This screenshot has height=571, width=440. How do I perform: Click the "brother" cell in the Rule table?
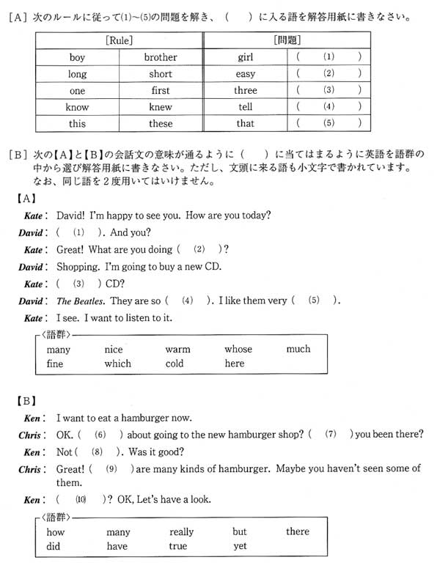[161, 56]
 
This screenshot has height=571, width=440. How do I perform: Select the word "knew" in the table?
[161, 107]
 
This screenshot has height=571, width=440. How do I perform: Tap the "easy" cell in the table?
[245, 73]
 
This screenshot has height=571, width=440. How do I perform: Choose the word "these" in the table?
[161, 124]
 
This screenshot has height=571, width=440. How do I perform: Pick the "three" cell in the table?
[245, 90]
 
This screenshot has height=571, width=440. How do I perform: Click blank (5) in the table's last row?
[328, 124]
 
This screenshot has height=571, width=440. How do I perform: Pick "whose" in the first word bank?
[238, 350]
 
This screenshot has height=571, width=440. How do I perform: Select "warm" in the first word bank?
[177, 350]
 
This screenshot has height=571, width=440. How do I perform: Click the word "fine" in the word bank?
[55, 364]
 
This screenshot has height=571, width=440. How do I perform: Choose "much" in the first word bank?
[298, 349]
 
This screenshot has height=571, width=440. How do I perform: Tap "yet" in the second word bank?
[240, 546]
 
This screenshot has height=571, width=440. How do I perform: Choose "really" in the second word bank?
[181, 532]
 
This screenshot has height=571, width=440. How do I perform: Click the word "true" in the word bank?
[177, 546]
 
